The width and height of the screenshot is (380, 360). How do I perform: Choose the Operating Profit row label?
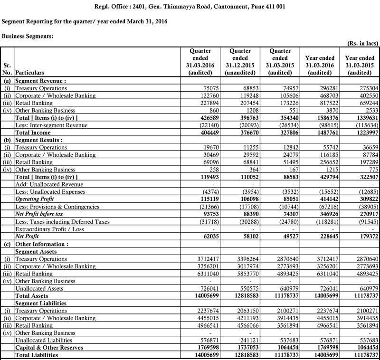(35, 199)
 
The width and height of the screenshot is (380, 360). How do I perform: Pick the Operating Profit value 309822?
(364, 199)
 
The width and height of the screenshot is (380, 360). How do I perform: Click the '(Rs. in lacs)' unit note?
(362, 43)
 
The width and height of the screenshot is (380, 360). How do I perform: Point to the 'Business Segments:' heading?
(28, 36)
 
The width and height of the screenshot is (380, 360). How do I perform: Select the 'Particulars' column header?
(30, 73)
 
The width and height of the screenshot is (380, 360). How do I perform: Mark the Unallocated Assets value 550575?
(247, 288)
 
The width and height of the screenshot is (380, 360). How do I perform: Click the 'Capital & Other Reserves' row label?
(49, 348)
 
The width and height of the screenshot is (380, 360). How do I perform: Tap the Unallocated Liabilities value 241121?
(247, 340)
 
